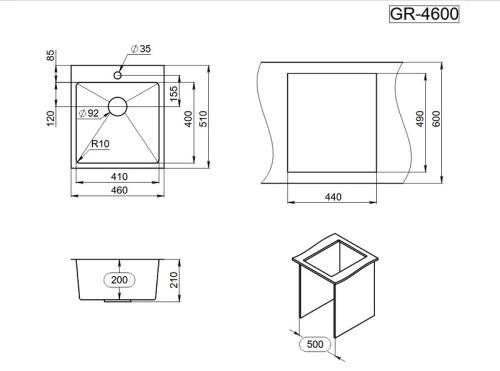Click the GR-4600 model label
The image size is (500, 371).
424,14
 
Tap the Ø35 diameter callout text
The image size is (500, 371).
141,49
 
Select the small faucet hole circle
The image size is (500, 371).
117,75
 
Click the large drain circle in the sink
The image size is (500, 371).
118,106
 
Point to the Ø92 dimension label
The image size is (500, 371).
89,113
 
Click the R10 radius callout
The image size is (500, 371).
100,144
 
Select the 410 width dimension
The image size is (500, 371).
119,176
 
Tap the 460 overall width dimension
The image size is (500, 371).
119,190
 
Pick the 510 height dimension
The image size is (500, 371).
203,119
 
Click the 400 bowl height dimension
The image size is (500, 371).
188,119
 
